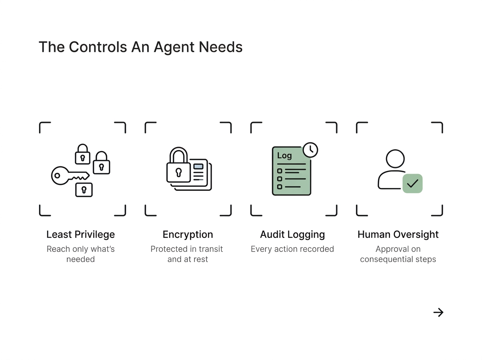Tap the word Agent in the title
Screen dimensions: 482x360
point(174,48)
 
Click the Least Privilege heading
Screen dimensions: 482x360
point(81,235)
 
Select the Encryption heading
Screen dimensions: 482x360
point(188,235)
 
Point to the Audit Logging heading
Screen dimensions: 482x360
point(292,235)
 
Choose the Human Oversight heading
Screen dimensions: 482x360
point(398,235)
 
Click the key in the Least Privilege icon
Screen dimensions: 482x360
point(70,176)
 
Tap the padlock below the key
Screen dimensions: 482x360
point(84,190)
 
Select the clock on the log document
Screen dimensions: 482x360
point(310,150)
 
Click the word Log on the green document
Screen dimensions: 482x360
point(284,156)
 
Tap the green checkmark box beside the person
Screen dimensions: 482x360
point(413,183)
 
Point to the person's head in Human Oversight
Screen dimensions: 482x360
point(395,159)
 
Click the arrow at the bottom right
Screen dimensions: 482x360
point(438,312)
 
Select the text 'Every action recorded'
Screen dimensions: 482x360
point(292,249)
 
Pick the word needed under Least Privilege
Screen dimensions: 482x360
point(81,259)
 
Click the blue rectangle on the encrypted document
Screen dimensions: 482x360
point(198,166)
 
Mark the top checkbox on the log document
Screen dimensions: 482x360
point(280,171)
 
